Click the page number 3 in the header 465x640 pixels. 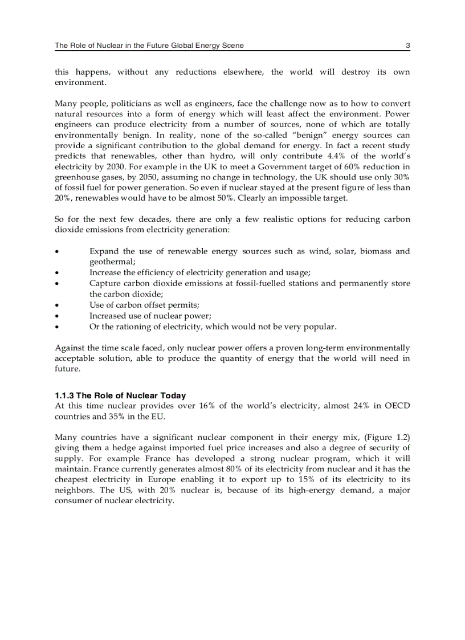(407, 46)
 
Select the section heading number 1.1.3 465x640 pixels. (64, 396)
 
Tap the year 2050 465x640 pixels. (150, 177)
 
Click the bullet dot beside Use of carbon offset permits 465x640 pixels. (56, 305)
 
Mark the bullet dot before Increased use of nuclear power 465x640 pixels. (56, 316)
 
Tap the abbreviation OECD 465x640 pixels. (397, 406)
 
